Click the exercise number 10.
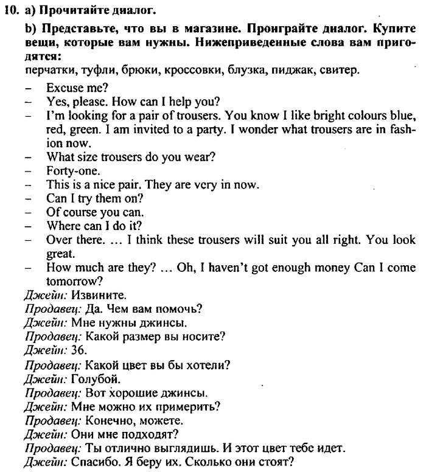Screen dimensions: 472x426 coord(14,10)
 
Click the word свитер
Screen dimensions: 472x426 coord(343,70)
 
